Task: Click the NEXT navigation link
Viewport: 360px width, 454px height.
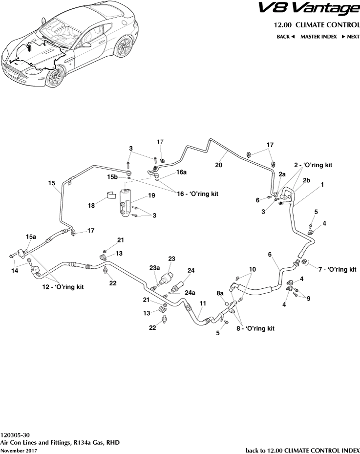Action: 350,37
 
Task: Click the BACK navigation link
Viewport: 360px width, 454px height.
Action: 286,37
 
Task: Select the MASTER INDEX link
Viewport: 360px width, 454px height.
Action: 319,37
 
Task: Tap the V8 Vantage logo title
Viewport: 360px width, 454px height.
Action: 314,9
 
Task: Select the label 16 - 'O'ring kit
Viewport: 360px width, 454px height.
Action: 197,194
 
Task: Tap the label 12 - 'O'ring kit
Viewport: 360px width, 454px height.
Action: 63,287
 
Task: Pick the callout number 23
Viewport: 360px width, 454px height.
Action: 171,259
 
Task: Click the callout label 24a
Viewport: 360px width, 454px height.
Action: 191,293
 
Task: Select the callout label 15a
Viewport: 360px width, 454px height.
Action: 31,237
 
